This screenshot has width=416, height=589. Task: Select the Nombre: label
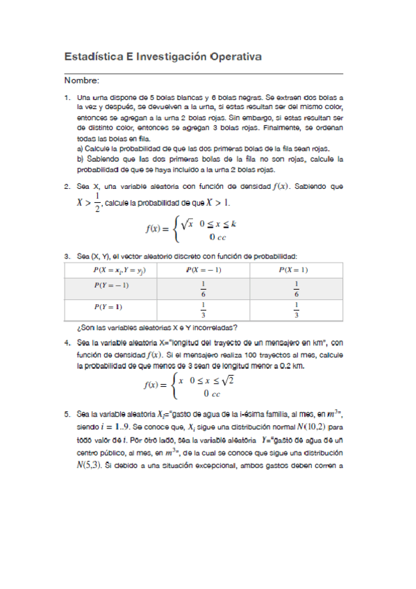82,81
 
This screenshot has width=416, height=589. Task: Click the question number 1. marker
67,99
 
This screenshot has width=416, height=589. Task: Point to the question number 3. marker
67,256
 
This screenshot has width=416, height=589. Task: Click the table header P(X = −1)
203,269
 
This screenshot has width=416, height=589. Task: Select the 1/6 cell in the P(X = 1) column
297,288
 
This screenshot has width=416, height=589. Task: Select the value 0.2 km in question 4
288,365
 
